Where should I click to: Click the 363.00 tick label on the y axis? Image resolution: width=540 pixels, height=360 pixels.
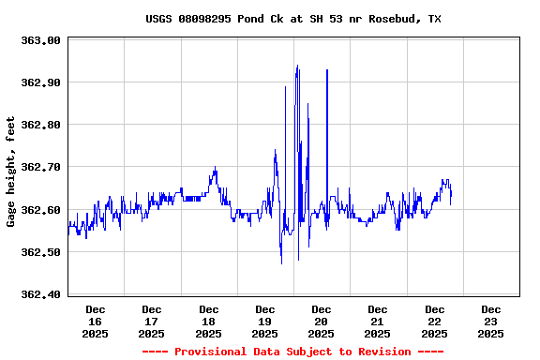tap(40, 40)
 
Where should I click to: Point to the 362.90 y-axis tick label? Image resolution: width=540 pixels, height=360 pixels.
tap(40, 82)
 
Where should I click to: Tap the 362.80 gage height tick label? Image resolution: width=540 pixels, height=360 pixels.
tap(40, 125)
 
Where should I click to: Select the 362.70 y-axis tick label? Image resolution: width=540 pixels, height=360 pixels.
tap(40, 168)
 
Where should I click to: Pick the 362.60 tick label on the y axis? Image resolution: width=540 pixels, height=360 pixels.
tap(40, 210)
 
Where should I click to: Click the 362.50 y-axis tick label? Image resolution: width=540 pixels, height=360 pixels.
tap(40, 252)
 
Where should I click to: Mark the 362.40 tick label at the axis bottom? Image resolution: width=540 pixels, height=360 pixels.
tap(40, 294)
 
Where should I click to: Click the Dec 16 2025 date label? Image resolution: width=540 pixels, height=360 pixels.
tap(96, 321)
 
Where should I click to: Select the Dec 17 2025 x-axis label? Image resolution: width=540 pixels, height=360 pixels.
tap(152, 321)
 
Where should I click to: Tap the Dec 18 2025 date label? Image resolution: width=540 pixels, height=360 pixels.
tap(208, 321)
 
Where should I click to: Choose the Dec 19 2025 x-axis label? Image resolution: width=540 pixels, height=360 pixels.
tap(265, 321)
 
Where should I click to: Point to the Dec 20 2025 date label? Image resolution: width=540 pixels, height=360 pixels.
tap(322, 321)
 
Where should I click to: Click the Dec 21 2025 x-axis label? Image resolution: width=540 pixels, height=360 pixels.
tap(378, 321)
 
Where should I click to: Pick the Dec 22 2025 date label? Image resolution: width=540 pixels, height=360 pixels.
tap(435, 321)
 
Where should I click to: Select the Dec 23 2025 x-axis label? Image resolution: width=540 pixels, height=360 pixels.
tap(491, 321)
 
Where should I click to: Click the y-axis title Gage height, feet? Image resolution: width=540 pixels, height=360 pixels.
tap(11, 172)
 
